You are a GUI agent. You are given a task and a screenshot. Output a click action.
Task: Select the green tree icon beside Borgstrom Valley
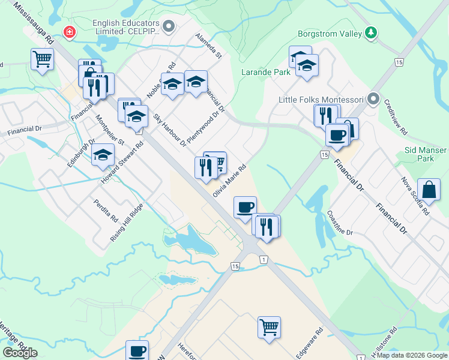click(372, 32)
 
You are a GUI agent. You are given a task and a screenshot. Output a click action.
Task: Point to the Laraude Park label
click(266, 72)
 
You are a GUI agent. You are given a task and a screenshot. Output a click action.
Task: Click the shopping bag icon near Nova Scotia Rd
click(431, 190)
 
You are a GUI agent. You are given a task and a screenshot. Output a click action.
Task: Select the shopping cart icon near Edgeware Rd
click(270, 327)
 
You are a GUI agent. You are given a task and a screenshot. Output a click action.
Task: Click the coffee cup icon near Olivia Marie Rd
click(245, 207)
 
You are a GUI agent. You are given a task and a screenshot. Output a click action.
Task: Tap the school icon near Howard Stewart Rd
click(103, 155)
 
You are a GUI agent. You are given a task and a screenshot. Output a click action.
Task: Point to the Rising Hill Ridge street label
click(127, 223)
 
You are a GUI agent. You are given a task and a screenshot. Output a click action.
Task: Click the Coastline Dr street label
click(340, 223)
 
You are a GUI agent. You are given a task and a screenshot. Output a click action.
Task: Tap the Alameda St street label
click(209, 47)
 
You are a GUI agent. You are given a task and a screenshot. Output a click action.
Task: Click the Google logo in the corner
click(20, 352)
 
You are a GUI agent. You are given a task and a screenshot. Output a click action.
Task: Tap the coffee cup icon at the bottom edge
click(137, 350)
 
